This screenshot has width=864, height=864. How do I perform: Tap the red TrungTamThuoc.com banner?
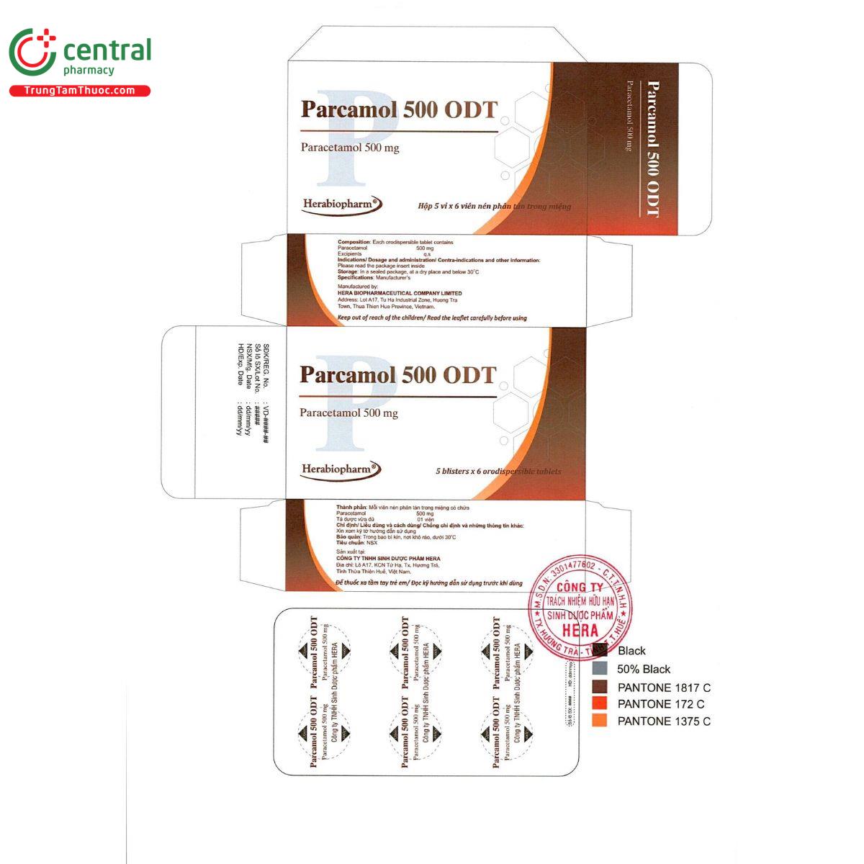coord(79,91)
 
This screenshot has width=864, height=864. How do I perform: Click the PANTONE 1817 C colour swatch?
coord(600,687)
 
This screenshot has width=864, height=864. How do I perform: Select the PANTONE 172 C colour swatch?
coord(600,703)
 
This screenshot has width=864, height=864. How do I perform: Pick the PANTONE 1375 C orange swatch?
coord(600,721)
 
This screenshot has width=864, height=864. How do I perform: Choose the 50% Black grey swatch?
coord(600,669)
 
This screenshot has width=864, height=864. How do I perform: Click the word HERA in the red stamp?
coord(580,631)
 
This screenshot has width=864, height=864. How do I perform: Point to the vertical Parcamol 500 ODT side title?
coord(652,149)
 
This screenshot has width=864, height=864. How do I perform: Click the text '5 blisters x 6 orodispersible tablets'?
coord(498,472)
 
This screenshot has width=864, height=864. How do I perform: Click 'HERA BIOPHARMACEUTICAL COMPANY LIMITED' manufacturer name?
coord(400,293)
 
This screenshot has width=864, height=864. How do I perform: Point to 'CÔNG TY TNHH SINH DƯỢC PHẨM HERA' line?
coord(388,559)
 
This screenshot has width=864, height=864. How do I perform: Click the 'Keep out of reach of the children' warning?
coord(432,318)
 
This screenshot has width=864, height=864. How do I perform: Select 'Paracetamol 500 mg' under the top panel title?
coord(350,148)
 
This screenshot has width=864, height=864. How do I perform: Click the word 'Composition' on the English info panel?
coord(353,242)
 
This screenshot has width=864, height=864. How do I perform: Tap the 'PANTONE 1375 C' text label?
coord(664,721)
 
